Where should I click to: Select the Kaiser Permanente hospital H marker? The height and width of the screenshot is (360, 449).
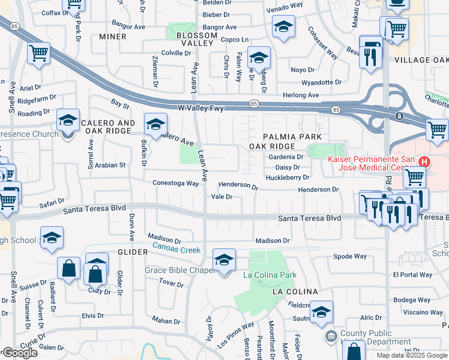pos(424,162)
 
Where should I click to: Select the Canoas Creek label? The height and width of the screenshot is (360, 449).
pos(176,247)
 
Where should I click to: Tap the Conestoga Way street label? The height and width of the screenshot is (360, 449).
pos(175,183)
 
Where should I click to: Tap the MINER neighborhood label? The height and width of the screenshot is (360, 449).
pos(113,37)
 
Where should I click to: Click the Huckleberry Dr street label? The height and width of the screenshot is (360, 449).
pos(287,178)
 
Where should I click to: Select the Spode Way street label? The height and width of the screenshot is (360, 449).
pos(350,256)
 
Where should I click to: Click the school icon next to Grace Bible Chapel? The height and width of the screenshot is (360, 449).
pos(224,260)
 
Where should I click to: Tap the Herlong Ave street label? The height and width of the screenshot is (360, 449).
pos(301,95)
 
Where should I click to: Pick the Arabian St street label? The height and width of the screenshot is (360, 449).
pos(109,164)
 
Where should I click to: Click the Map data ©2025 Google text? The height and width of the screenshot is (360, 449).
pos(411,355)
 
